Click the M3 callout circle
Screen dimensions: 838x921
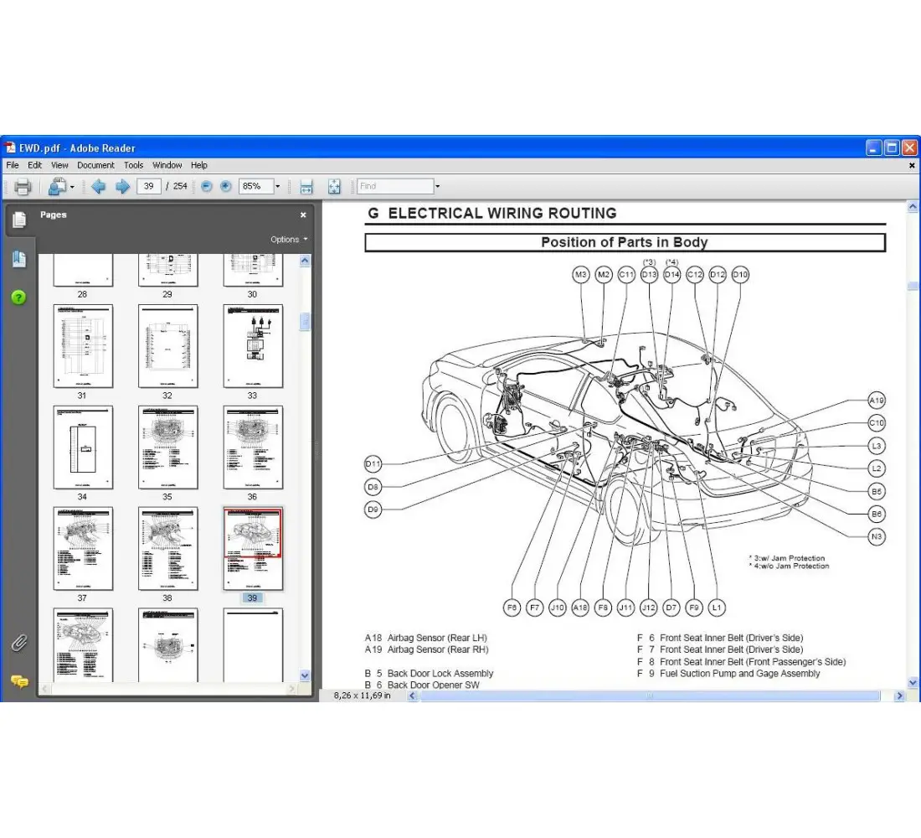581,274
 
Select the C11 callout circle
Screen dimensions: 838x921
626,274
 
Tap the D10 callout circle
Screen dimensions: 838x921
740,274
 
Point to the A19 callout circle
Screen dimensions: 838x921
877,401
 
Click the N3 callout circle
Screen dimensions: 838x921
877,536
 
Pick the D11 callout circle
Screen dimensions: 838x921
373,463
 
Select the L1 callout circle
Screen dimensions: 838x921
716,608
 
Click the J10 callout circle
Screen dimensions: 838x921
558,608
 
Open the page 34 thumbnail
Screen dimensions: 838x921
83,447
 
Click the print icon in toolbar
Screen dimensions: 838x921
23,186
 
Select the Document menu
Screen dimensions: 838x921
95,165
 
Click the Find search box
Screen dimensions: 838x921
395,186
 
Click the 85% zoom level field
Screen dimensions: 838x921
255,186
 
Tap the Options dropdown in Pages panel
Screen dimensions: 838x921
288,239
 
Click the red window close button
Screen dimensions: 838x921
909,147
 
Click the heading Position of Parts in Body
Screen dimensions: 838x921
625,242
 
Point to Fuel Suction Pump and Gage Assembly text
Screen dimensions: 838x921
739,673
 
